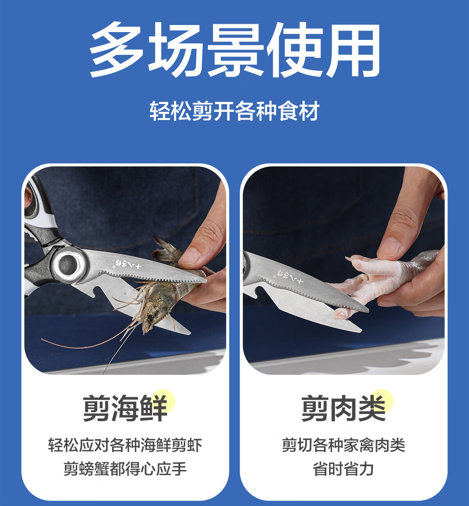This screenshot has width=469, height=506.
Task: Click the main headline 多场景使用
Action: tap(234, 50)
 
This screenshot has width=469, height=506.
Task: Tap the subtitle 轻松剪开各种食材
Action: tap(234, 111)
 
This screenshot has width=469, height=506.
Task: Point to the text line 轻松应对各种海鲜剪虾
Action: tap(125, 445)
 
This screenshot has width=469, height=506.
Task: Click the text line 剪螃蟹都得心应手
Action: tap(125, 468)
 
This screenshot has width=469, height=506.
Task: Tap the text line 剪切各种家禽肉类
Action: tap(344, 445)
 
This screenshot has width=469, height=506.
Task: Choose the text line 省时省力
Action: tap(344, 468)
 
